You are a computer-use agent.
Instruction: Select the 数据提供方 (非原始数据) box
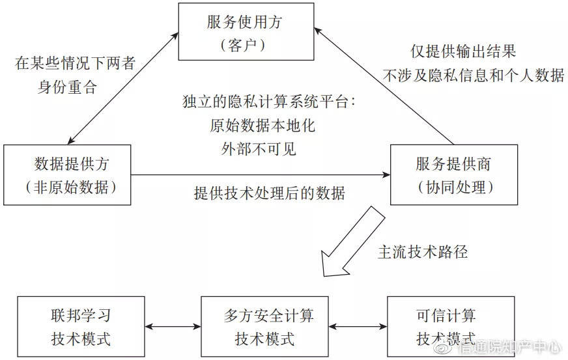pyautogui.click(x=67, y=174)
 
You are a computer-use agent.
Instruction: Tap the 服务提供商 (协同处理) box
pyautogui.click(x=453, y=174)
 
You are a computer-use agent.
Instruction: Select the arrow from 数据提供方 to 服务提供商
pyautogui.click(x=261, y=174)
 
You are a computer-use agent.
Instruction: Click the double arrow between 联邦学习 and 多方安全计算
pyautogui.click(x=173, y=326)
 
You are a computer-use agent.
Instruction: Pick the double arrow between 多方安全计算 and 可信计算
pyautogui.click(x=358, y=326)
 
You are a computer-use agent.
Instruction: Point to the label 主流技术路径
pyautogui.click(x=423, y=253)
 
